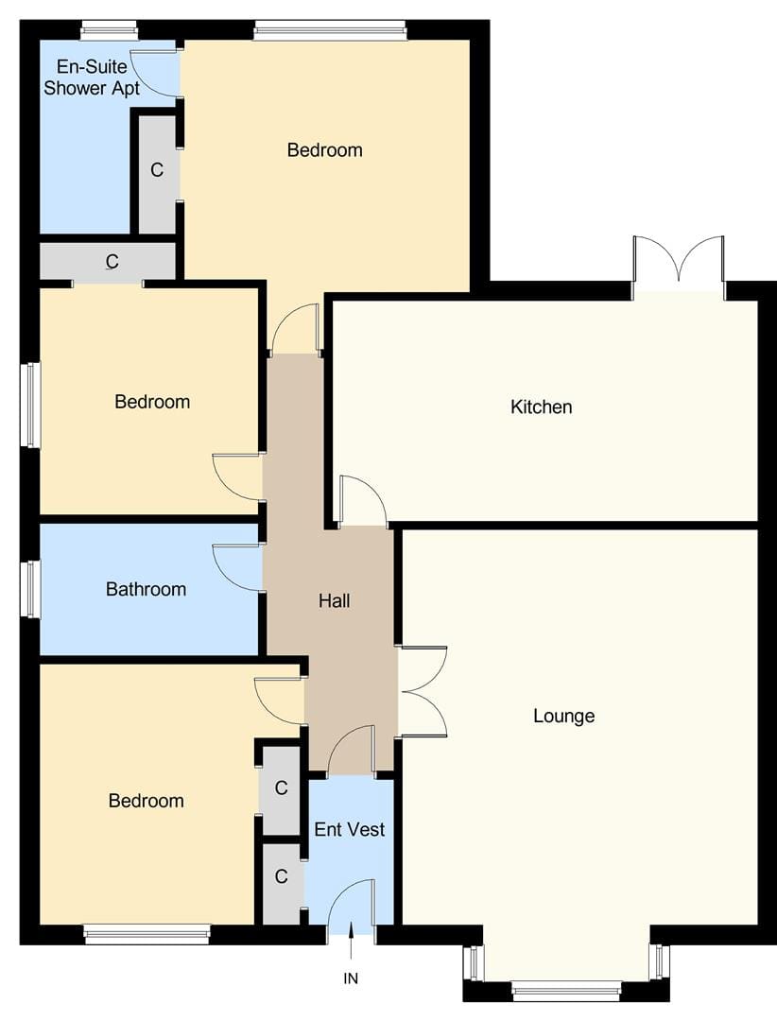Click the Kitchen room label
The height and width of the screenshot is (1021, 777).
point(542,407)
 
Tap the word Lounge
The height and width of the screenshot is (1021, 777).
point(564,717)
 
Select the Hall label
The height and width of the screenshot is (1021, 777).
point(334,600)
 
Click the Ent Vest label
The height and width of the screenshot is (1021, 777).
point(350,829)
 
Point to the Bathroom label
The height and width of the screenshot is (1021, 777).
point(146,589)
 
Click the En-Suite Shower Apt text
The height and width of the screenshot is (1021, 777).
point(91,77)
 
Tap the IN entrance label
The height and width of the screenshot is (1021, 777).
point(351,978)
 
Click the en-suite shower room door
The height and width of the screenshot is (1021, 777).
point(155,73)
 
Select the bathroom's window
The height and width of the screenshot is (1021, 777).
point(30,589)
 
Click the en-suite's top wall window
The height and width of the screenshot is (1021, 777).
point(109,30)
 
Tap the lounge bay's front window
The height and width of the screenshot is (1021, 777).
point(566,993)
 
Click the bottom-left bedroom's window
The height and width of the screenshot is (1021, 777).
point(147,934)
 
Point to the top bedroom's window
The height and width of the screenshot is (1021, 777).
point(330,30)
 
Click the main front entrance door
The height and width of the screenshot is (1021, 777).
point(352,902)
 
